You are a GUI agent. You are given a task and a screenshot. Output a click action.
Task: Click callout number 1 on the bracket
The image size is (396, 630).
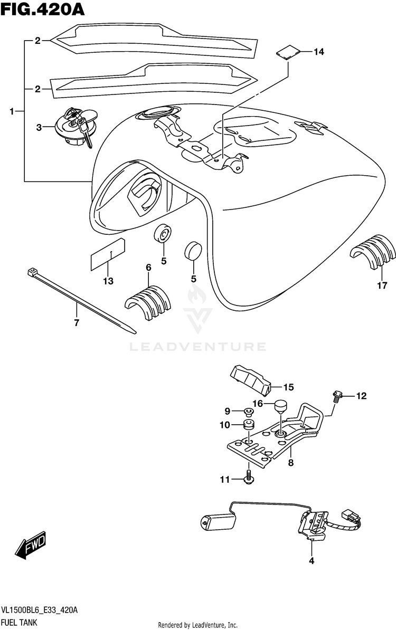pos(12,111)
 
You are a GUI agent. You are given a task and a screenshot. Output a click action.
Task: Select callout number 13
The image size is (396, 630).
pos(108,281)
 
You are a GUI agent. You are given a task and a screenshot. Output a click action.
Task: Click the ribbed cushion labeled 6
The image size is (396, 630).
pos(148,301)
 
